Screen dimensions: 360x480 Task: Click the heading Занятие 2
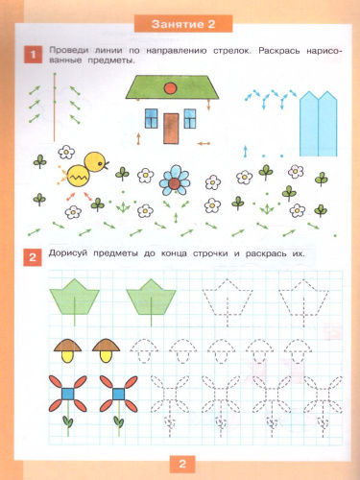183,24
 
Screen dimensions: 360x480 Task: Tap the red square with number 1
33,55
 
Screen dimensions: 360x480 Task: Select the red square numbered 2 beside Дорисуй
33,257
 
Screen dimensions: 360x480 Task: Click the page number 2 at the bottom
182,464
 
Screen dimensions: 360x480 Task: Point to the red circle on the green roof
170,87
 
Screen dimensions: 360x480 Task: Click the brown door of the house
171,129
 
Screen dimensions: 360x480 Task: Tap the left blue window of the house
152,118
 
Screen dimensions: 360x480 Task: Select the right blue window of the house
190,118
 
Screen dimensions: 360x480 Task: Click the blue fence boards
319,124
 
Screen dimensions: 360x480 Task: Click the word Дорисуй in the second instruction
68,253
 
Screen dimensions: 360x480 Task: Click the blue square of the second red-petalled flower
119,394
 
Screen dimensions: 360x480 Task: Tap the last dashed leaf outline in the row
303,298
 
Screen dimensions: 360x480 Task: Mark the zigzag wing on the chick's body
78,177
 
